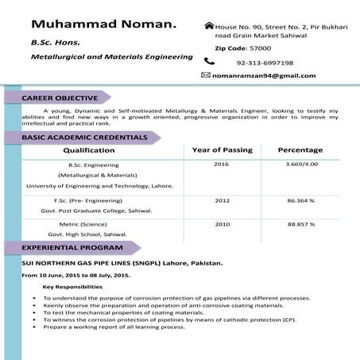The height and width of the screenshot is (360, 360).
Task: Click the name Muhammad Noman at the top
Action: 103,27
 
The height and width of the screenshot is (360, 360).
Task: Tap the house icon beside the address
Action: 209,26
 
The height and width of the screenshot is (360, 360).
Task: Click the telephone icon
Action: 209,61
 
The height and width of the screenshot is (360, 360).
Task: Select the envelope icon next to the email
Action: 206,75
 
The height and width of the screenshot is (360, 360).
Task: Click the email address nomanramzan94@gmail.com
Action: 264,75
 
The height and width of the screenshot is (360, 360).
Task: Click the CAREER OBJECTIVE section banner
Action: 60,98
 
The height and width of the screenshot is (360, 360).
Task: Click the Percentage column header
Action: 300,150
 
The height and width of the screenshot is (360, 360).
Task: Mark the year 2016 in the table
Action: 221,164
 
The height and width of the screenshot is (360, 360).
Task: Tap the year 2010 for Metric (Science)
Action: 221,224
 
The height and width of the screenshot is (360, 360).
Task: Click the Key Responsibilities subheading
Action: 72,287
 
